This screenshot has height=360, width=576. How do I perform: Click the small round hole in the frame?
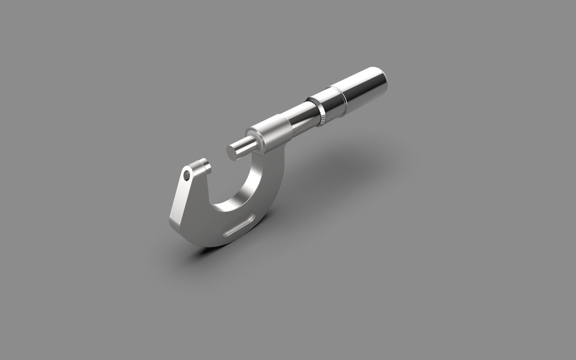[187, 175]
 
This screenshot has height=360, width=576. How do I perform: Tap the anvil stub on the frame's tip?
[202, 165]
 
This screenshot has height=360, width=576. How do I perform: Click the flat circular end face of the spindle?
[232, 151]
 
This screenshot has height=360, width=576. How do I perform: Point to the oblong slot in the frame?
[239, 227]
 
